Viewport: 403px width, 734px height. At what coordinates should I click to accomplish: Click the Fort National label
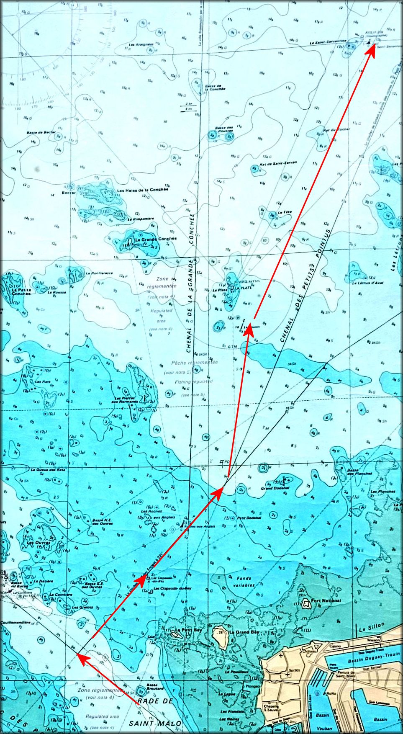tap(326, 600)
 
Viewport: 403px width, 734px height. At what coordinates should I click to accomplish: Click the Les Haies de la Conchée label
tap(143, 190)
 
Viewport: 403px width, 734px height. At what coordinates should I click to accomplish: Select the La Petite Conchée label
tap(21, 291)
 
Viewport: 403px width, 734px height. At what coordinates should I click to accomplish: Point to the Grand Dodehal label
tap(275, 488)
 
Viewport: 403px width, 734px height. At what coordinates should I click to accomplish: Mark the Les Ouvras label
tap(39, 543)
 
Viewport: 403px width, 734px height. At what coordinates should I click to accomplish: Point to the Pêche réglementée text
tap(194, 363)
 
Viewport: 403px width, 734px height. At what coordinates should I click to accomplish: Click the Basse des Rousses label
tap(224, 129)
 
